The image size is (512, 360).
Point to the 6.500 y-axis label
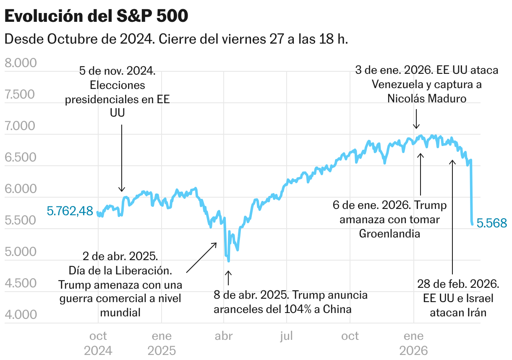(x=21, y=157)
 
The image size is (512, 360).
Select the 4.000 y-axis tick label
(x=21, y=314)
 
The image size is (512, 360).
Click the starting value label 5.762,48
(x=70, y=211)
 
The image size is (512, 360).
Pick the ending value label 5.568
(x=492, y=223)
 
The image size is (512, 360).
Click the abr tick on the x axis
(x=224, y=336)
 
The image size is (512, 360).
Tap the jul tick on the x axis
(x=287, y=336)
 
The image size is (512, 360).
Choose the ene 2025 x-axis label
(x=162, y=343)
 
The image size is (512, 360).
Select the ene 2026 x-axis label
(x=414, y=343)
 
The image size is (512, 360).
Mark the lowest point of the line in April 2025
(x=228, y=261)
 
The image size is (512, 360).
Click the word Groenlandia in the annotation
(x=389, y=233)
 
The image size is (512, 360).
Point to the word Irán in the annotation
(x=475, y=313)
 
